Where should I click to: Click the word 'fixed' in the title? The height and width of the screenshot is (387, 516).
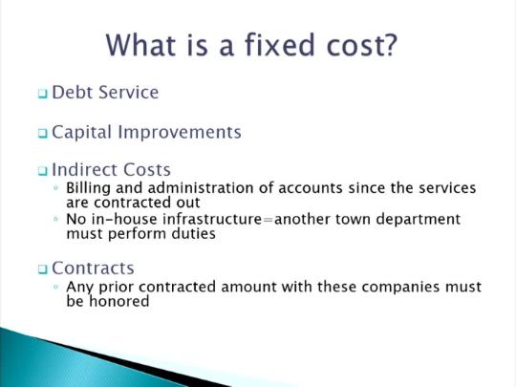pos(280,44)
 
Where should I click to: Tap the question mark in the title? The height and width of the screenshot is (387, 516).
pos(390,44)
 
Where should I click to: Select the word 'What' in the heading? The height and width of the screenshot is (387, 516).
pos(140,44)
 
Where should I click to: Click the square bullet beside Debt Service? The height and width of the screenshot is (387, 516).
pos(42,94)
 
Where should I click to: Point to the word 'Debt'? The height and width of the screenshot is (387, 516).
pos(72,92)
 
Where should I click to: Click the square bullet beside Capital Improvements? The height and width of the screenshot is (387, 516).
pos(42,133)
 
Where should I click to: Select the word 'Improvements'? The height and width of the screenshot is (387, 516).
pos(180,133)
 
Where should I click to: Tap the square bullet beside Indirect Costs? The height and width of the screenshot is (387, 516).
pos(42,171)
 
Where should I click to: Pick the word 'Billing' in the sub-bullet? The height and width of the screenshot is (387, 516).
pos(88,189)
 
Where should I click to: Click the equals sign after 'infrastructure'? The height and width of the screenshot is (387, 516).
pos(269,220)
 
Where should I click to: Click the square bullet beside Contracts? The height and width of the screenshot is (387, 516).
pos(42,269)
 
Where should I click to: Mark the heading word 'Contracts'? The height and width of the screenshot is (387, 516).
pos(93,269)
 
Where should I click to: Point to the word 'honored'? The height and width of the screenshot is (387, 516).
pos(119,301)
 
